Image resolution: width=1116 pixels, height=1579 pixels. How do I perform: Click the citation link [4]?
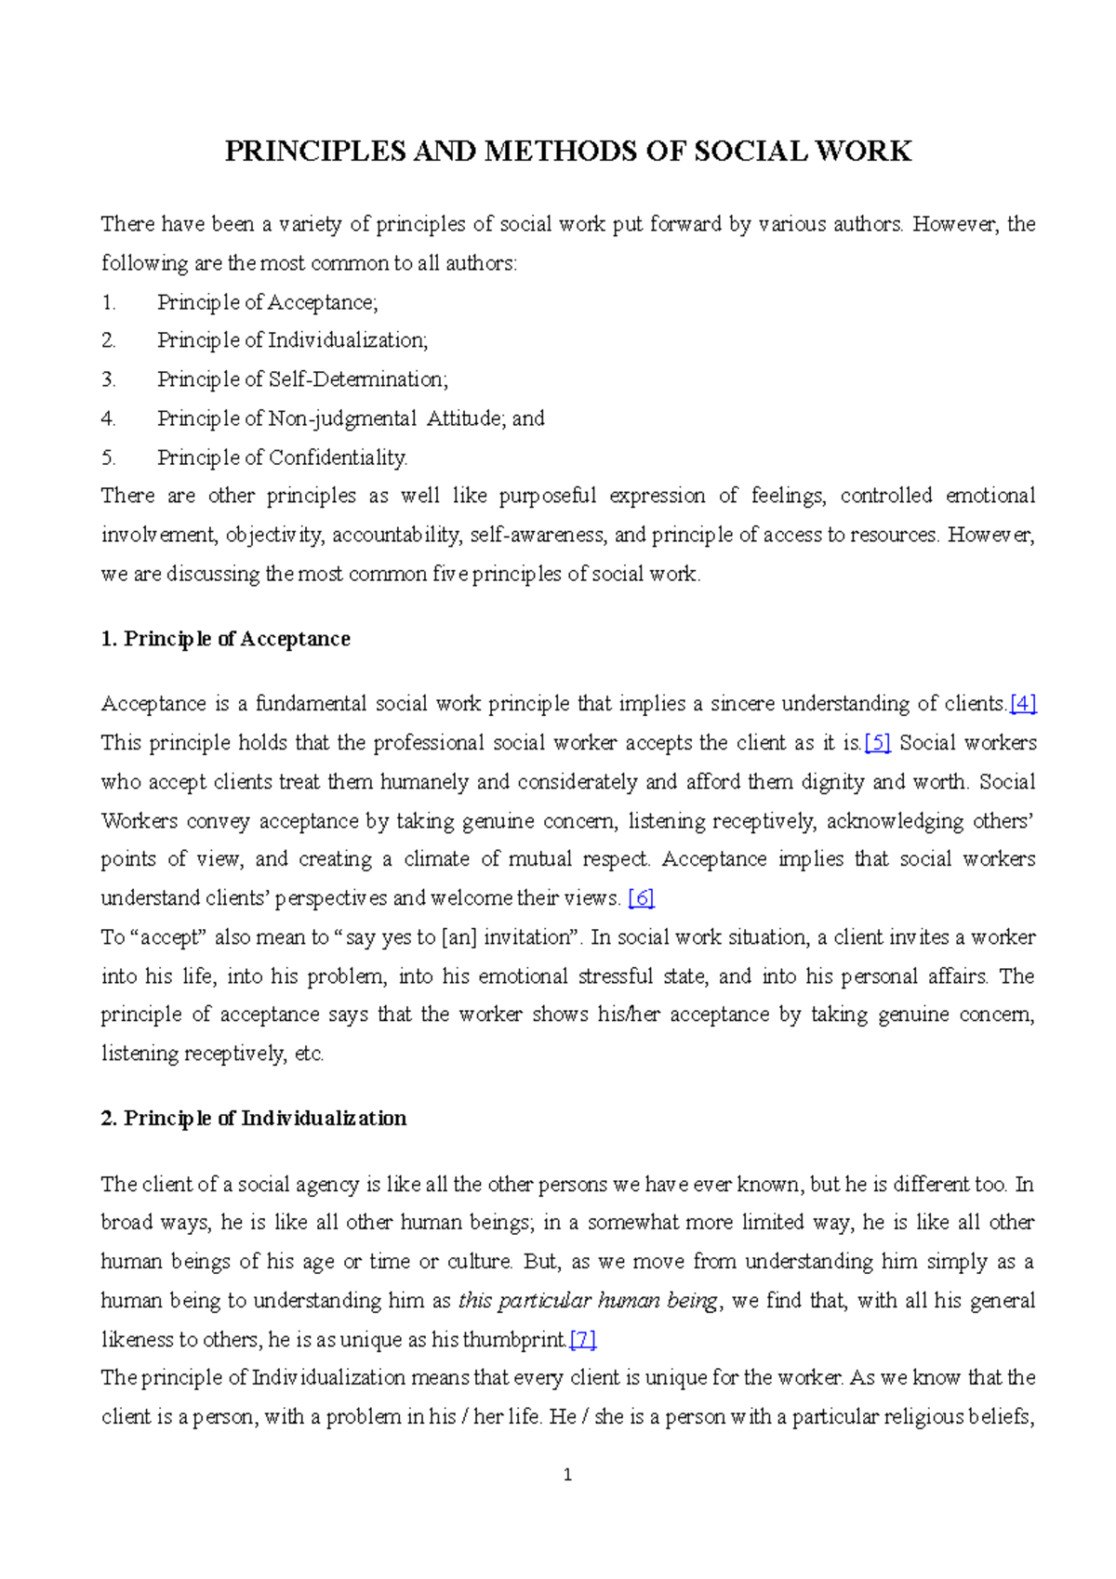pos(1023,704)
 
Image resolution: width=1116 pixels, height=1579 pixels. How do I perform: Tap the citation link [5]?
pos(877,743)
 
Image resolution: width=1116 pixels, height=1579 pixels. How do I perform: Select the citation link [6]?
pos(641,898)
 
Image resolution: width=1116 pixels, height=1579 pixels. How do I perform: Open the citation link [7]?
pos(583,1340)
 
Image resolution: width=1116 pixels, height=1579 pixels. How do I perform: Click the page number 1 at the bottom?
pos(567,1475)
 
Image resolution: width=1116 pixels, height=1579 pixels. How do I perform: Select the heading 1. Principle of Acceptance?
pos(225,639)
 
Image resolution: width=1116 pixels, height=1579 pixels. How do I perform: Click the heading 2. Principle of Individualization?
pos(253,1118)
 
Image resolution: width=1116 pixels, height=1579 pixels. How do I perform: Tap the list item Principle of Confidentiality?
pos(282,458)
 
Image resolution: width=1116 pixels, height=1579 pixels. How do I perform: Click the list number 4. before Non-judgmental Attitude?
pos(109,418)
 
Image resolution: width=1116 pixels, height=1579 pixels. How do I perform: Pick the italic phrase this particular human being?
pos(588,1301)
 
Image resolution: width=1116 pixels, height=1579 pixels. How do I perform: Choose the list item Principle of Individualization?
pos(292,340)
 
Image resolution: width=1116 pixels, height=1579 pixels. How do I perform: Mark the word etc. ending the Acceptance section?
pos(309,1054)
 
